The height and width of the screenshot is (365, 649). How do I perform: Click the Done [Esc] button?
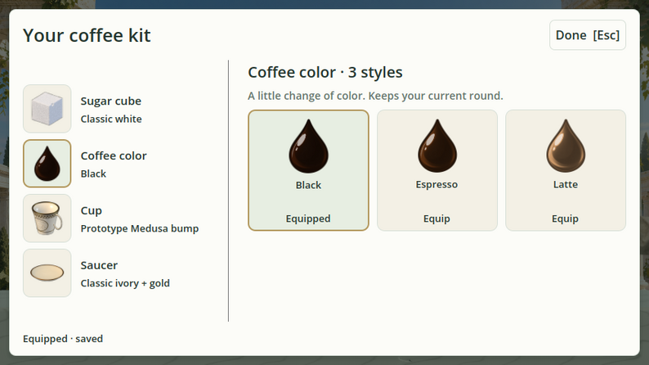tap(588, 35)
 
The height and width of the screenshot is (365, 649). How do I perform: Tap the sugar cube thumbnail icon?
tap(47, 109)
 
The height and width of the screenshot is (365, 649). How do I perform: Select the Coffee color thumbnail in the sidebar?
tap(47, 164)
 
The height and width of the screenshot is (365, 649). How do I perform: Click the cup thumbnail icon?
tap(47, 219)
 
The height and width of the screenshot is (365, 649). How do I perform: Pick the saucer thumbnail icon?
tap(47, 273)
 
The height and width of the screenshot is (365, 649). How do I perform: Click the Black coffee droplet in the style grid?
tap(308, 146)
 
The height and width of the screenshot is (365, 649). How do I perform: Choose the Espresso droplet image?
tap(437, 146)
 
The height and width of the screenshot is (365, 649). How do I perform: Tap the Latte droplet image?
tap(566, 146)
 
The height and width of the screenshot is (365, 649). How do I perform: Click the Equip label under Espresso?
tap(436, 219)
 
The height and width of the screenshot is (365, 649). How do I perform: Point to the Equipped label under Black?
tap(308, 219)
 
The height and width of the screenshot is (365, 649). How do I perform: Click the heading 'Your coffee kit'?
tap(87, 35)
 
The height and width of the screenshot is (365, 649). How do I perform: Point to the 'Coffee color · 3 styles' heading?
tap(325, 72)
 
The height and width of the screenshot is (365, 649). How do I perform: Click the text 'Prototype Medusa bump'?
tap(140, 228)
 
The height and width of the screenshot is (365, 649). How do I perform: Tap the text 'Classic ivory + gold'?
tap(125, 283)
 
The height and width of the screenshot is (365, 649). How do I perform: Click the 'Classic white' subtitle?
tap(111, 119)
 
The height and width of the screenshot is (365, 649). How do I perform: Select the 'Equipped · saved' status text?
tap(63, 339)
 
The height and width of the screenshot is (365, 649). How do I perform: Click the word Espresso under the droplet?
tap(436, 184)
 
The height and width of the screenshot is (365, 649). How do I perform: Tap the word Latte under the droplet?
tap(566, 184)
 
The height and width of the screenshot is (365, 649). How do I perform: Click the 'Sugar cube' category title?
tap(111, 101)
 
